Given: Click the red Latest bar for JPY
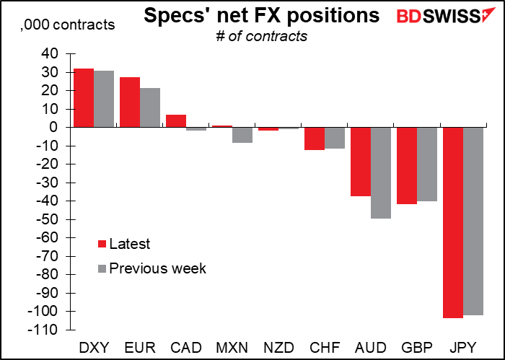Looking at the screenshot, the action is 453,222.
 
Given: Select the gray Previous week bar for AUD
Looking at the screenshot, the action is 381,173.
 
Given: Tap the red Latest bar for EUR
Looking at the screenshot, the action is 130,102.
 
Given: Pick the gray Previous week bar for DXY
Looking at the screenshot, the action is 104,99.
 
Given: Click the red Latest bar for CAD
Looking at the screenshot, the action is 176,121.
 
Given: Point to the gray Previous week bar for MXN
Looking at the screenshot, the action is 242,135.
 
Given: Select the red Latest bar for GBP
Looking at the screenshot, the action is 407,166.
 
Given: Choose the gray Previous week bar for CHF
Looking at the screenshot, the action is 335,138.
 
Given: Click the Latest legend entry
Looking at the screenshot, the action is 124,244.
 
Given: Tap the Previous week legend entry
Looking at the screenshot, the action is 152,268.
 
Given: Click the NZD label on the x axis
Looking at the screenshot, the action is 278,348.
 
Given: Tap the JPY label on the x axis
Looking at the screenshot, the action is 463,348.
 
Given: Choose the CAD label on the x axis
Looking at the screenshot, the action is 186,348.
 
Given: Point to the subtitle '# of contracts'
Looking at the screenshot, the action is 261,36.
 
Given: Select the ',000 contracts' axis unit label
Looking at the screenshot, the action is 67,25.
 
